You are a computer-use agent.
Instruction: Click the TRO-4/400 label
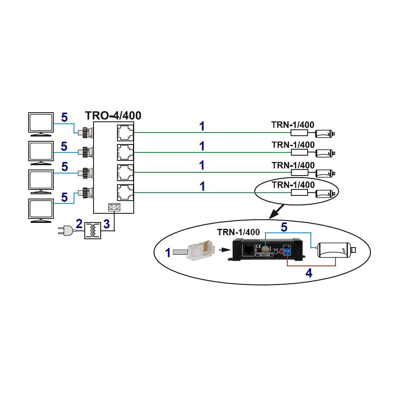tap(113, 116)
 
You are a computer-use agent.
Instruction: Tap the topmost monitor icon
tap(41, 123)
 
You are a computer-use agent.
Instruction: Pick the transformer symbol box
tap(93, 230)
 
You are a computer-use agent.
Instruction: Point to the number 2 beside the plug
tap(79, 224)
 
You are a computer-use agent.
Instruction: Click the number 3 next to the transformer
tap(106, 224)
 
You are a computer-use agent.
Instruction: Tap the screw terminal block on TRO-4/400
tap(115, 207)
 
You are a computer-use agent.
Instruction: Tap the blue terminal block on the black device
tap(287, 252)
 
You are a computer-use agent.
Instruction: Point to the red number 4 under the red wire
tap(308, 273)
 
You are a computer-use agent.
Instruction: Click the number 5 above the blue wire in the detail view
tap(284, 227)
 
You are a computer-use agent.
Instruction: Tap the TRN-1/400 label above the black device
tap(238, 232)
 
